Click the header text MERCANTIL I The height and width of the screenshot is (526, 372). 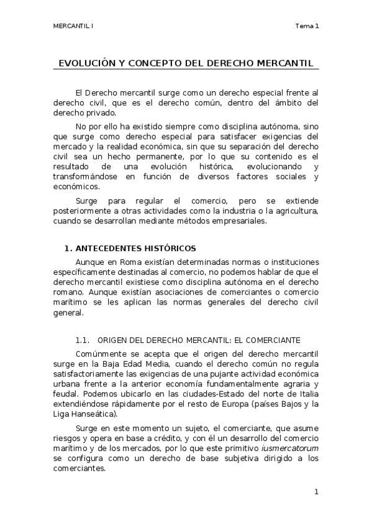73,26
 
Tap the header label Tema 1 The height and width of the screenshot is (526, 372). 307,26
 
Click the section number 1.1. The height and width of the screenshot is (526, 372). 83,340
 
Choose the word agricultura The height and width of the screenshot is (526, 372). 294,212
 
